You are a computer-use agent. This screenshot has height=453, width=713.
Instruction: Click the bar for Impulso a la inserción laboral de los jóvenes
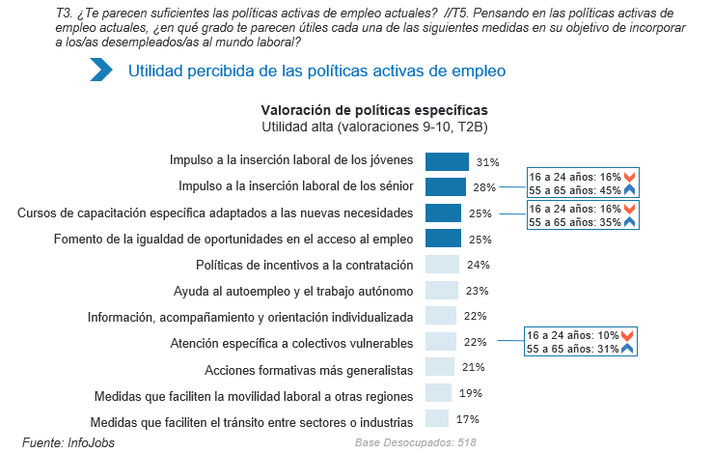447,161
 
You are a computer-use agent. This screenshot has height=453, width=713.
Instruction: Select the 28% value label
484,187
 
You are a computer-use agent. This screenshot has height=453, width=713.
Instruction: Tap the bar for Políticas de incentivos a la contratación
442,265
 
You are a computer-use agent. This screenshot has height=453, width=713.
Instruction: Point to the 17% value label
467,420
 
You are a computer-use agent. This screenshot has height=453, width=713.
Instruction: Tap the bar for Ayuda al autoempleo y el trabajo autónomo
441,291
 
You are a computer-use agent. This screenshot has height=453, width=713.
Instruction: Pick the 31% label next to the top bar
487,161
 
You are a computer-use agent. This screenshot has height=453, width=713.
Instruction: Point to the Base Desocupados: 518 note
416,442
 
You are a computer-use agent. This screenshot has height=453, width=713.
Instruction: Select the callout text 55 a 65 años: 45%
573,189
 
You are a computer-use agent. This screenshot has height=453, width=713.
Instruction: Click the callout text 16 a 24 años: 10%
573,335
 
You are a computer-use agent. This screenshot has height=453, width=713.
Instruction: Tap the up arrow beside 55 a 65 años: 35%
628,222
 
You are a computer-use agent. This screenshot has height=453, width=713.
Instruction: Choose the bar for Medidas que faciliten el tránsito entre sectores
437,419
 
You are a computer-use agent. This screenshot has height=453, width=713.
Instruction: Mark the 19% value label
470,394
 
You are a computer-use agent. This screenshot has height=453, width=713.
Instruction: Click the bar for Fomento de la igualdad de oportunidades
443,239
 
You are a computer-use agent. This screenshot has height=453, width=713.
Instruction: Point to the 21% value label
472,368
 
